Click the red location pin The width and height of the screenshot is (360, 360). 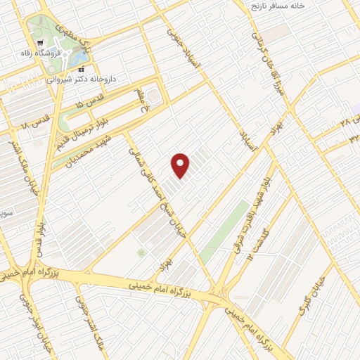(181, 165)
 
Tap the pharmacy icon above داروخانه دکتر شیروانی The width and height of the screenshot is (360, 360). (82, 69)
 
